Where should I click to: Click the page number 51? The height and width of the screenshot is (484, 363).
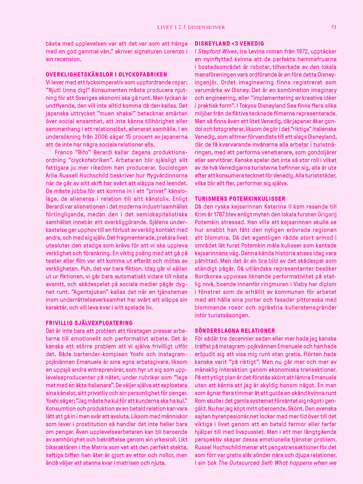point(334,27)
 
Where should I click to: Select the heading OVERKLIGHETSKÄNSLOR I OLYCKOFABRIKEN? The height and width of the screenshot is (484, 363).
point(107,74)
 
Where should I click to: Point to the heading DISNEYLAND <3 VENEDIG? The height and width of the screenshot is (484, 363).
point(229,44)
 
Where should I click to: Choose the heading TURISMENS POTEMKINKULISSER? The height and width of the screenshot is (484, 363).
point(240,199)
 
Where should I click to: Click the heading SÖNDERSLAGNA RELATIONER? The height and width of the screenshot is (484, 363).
point(235,331)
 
